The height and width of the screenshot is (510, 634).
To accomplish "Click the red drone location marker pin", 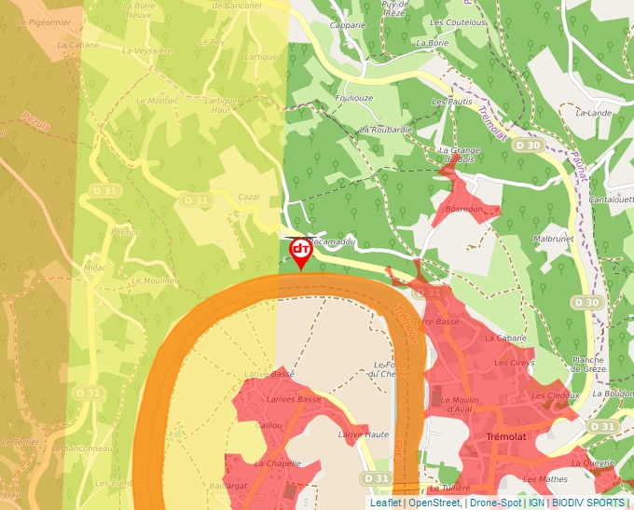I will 300,252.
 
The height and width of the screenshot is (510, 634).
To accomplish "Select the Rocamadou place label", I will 334,241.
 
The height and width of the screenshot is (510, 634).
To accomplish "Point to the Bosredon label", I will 466,209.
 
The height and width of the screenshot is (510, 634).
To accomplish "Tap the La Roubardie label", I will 385,130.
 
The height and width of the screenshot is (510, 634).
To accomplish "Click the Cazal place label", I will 248,198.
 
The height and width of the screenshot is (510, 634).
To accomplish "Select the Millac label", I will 95,267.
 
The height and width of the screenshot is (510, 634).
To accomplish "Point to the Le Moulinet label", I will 155,280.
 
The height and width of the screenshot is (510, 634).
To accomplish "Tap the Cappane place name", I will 348,25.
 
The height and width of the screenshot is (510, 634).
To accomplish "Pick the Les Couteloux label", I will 458,22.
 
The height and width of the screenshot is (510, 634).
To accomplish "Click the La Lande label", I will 593,113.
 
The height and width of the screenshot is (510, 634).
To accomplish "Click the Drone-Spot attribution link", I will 495,503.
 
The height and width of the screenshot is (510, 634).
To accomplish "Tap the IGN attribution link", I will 536,503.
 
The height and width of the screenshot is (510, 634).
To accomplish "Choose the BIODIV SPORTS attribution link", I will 587,503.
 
